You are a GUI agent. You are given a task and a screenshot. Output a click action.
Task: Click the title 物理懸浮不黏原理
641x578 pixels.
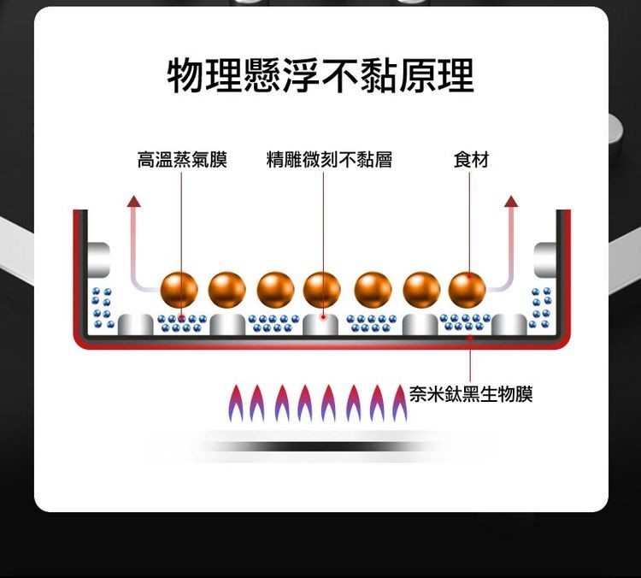(x=320, y=76)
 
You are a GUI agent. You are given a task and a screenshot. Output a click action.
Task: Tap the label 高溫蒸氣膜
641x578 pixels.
(x=182, y=160)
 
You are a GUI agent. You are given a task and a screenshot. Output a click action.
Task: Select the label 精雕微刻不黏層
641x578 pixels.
(x=329, y=160)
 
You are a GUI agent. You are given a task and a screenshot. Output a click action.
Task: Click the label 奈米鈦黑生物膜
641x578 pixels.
(x=471, y=394)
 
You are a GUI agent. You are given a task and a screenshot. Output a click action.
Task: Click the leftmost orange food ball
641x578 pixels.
(x=179, y=289)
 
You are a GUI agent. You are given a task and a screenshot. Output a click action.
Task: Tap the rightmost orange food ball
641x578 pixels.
(x=467, y=289)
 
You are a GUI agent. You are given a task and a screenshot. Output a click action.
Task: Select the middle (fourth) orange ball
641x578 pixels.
(x=322, y=289)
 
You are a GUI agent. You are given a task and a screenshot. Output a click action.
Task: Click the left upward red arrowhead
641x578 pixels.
(x=132, y=202)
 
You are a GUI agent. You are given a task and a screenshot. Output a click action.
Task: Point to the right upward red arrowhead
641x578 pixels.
(x=511, y=202)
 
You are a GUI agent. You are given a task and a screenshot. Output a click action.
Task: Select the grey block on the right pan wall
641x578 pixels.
(x=546, y=258)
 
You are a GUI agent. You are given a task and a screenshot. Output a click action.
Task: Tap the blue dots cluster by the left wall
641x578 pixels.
(x=103, y=308)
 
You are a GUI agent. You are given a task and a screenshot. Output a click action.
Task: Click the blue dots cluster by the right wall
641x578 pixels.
(x=541, y=308)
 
